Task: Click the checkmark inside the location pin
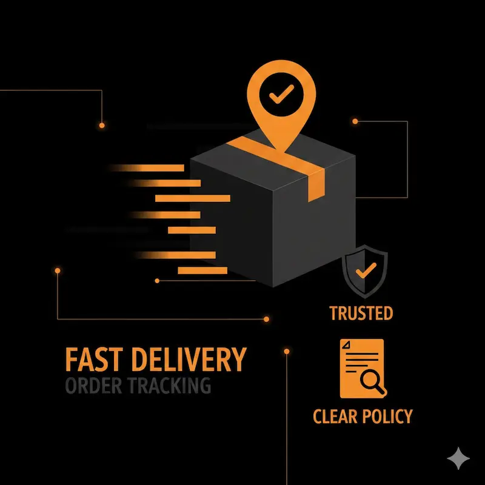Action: click(x=281, y=93)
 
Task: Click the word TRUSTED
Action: click(x=361, y=313)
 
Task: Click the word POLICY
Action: click(x=389, y=416)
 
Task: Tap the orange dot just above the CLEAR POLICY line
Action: click(x=286, y=350)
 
